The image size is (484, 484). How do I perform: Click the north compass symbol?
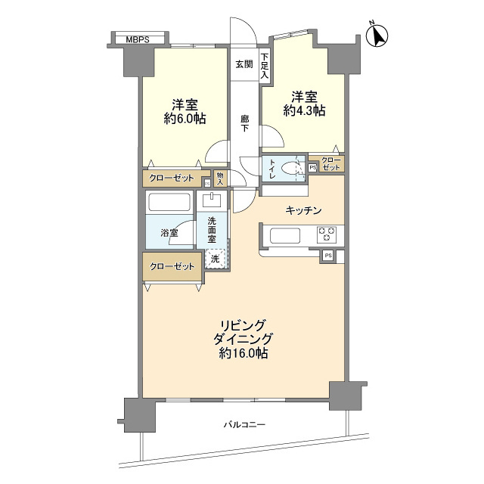(377, 36)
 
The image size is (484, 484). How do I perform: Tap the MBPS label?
(138, 40)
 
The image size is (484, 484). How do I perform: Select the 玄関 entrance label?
(244, 64)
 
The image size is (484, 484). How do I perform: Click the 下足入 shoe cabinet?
(265, 66)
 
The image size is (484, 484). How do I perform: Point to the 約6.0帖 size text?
(185, 119)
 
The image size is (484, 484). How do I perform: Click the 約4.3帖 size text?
(304, 111)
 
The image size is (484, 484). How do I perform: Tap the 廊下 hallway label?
(245, 123)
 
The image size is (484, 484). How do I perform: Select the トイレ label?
(272, 169)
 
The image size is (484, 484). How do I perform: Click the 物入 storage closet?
(220, 178)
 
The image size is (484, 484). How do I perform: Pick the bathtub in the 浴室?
(169, 202)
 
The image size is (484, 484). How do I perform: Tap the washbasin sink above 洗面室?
(212, 200)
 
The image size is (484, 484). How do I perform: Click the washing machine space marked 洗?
(216, 259)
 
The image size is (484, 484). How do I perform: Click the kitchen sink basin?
(285, 236)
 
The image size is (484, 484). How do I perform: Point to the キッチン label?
(304, 210)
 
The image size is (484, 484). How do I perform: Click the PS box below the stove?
(328, 256)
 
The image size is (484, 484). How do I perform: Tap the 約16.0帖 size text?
(244, 353)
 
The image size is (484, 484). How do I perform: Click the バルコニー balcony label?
(244, 425)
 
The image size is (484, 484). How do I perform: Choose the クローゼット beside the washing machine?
(172, 266)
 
